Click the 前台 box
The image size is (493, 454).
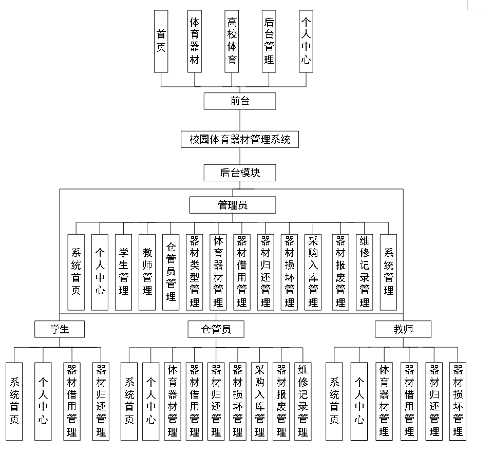240,101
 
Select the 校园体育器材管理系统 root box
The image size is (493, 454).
240,139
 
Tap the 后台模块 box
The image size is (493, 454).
240,173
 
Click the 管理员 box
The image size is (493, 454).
233,205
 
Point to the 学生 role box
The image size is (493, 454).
60,329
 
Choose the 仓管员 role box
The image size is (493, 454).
216,329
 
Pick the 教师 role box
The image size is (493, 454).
403,329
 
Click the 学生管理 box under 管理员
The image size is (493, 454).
123,272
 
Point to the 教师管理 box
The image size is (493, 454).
147,272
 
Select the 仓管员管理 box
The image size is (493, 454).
171,272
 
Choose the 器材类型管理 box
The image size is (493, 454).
195,272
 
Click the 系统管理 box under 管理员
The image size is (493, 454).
388,272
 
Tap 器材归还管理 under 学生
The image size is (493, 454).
101,401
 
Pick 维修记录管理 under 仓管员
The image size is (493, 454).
302,401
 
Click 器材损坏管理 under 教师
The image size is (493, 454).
458,401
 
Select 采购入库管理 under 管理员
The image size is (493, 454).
313,272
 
